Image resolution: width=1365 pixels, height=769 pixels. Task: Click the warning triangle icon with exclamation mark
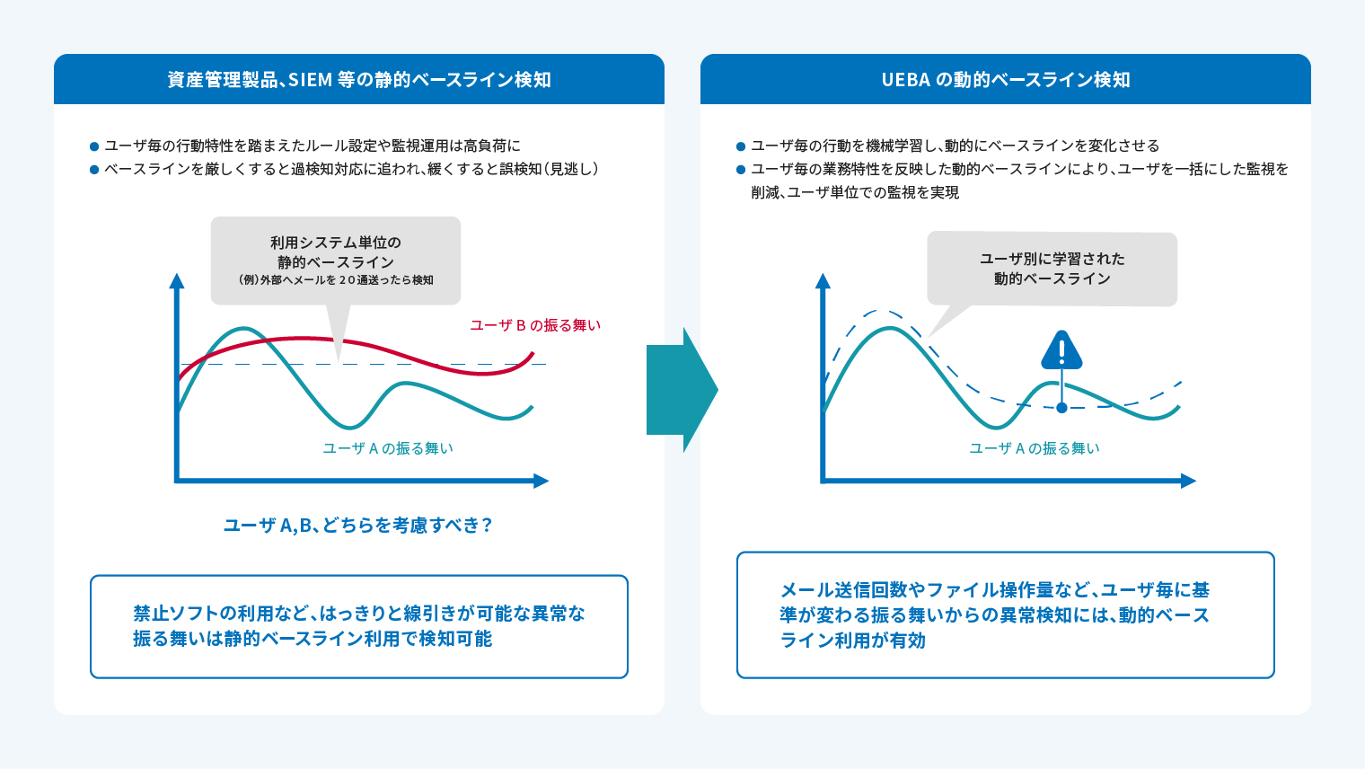1061,350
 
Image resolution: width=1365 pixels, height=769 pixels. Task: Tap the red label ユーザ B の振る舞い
535,325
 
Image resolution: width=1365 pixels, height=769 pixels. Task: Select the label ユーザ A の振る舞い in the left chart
388,448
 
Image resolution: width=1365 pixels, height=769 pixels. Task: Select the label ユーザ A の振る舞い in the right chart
1035,448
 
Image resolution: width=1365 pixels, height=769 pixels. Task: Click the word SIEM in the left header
310,79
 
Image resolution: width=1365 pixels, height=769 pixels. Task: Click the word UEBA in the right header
905,79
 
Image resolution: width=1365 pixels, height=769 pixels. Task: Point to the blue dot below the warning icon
1061,407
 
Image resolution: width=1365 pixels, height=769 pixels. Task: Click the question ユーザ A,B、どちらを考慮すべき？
358,525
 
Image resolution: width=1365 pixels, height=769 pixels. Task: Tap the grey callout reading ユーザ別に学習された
1052,269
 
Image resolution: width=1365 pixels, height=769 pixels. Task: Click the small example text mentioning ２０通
335,280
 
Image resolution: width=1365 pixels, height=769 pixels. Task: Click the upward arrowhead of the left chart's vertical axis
177,280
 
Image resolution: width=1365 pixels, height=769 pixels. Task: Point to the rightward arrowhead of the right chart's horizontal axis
1188,481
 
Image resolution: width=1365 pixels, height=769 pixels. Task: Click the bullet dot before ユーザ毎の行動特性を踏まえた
93,146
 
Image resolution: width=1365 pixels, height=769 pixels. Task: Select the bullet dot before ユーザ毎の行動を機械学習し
740,146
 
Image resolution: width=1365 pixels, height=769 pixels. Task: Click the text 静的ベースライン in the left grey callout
335,262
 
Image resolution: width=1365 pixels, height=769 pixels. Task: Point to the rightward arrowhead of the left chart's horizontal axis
542,481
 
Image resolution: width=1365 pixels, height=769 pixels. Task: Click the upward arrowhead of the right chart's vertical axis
823,280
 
